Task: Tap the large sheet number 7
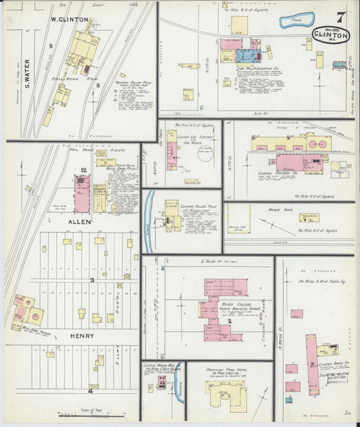[340, 16]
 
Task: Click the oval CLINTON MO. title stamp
[331, 35]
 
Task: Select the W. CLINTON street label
[70, 20]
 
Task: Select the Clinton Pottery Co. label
[278, 173]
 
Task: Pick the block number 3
[92, 280]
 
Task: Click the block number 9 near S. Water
[51, 45]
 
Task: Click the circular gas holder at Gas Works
[207, 154]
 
